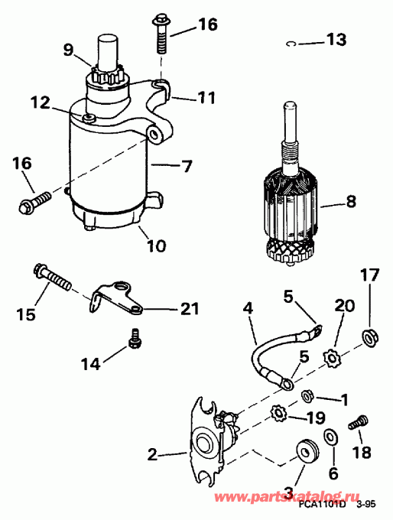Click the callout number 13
(x=336, y=39)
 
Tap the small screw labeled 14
(x=136, y=337)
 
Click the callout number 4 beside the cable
(x=248, y=310)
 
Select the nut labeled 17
(x=369, y=333)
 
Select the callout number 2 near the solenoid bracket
(x=152, y=454)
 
